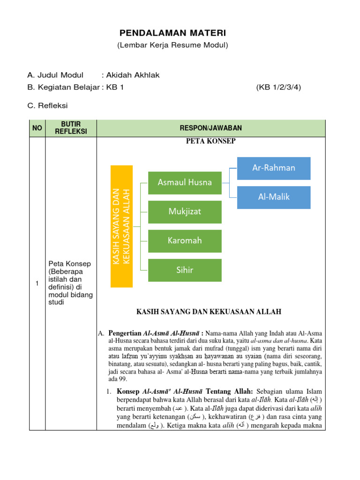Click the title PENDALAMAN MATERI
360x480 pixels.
(x=172, y=33)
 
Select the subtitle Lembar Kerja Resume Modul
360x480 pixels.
(x=172, y=45)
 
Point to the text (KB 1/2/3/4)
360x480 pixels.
(x=278, y=87)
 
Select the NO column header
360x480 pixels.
(x=37, y=128)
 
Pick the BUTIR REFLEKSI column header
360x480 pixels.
(x=71, y=128)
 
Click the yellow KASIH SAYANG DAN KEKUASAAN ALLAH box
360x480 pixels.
(x=121, y=226)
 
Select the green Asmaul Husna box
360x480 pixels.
(x=185, y=182)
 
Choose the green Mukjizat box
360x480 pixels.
(x=185, y=212)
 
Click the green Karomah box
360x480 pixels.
(x=185, y=241)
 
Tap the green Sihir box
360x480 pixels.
(x=185, y=270)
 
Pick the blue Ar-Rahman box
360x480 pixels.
(x=274, y=168)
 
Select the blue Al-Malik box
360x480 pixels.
(x=274, y=197)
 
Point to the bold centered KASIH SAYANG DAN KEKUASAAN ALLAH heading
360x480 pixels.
(x=209, y=311)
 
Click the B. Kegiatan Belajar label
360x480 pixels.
(x=63, y=87)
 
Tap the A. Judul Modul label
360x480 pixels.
(x=55, y=75)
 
